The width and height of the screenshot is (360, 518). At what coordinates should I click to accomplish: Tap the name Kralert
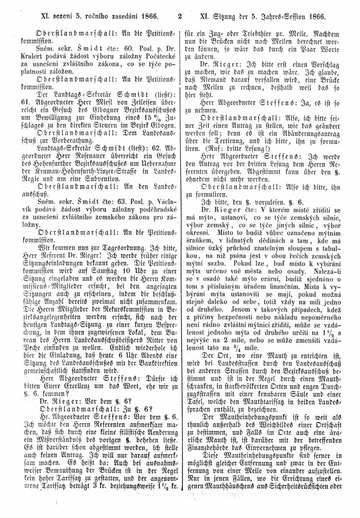(45, 55)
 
